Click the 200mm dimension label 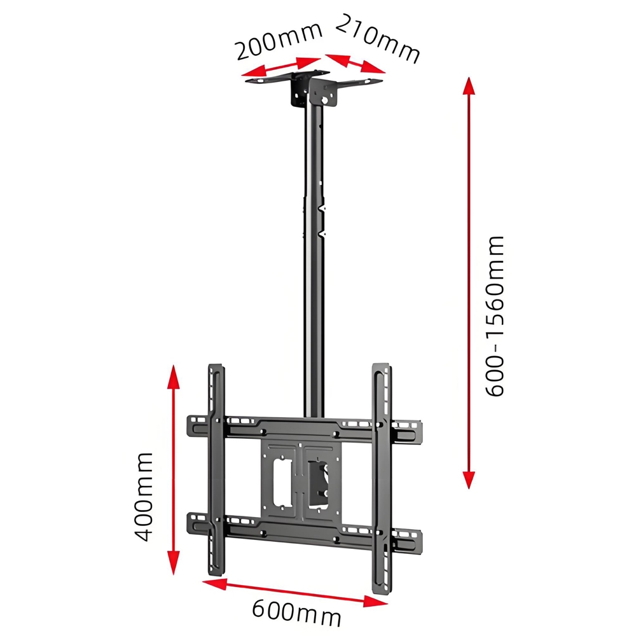coord(277,41)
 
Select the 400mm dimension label coord(144,496)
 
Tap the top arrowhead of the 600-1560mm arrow coord(469,86)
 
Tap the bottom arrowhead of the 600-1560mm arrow coord(469,480)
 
